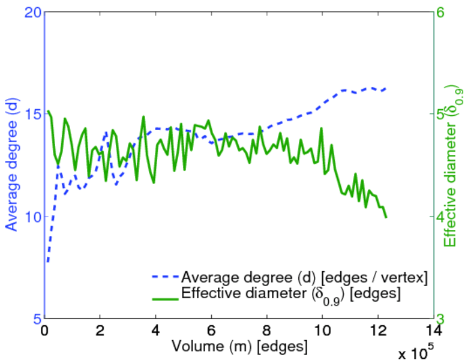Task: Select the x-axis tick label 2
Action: tap(100, 331)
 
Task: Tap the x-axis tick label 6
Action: tap(211, 331)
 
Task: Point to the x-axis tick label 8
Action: tap(267, 331)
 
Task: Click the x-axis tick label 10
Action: tap(322, 331)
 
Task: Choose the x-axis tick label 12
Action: tap(378, 331)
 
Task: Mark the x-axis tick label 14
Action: tap(433, 331)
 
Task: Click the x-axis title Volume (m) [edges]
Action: tap(240, 347)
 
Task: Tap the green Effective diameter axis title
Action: tap(454, 166)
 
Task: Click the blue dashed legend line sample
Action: tap(164, 278)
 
